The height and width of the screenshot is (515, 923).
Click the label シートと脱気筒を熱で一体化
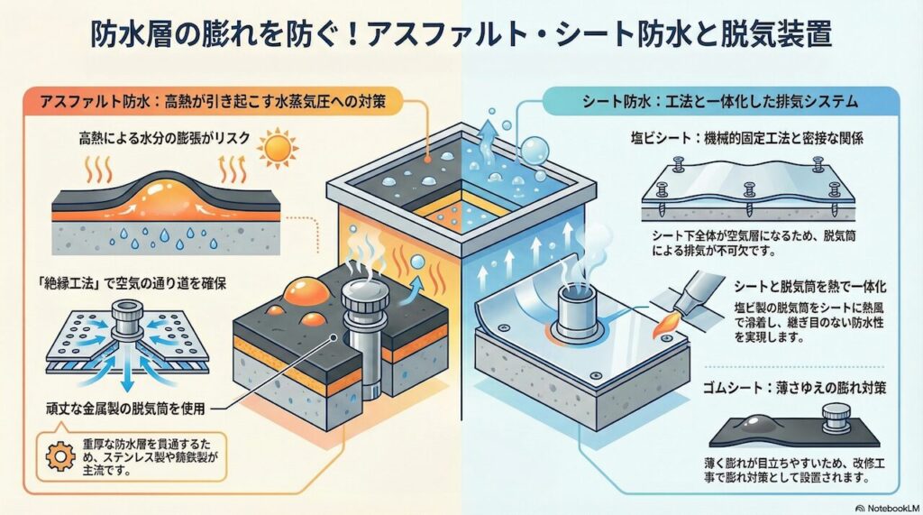797,286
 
